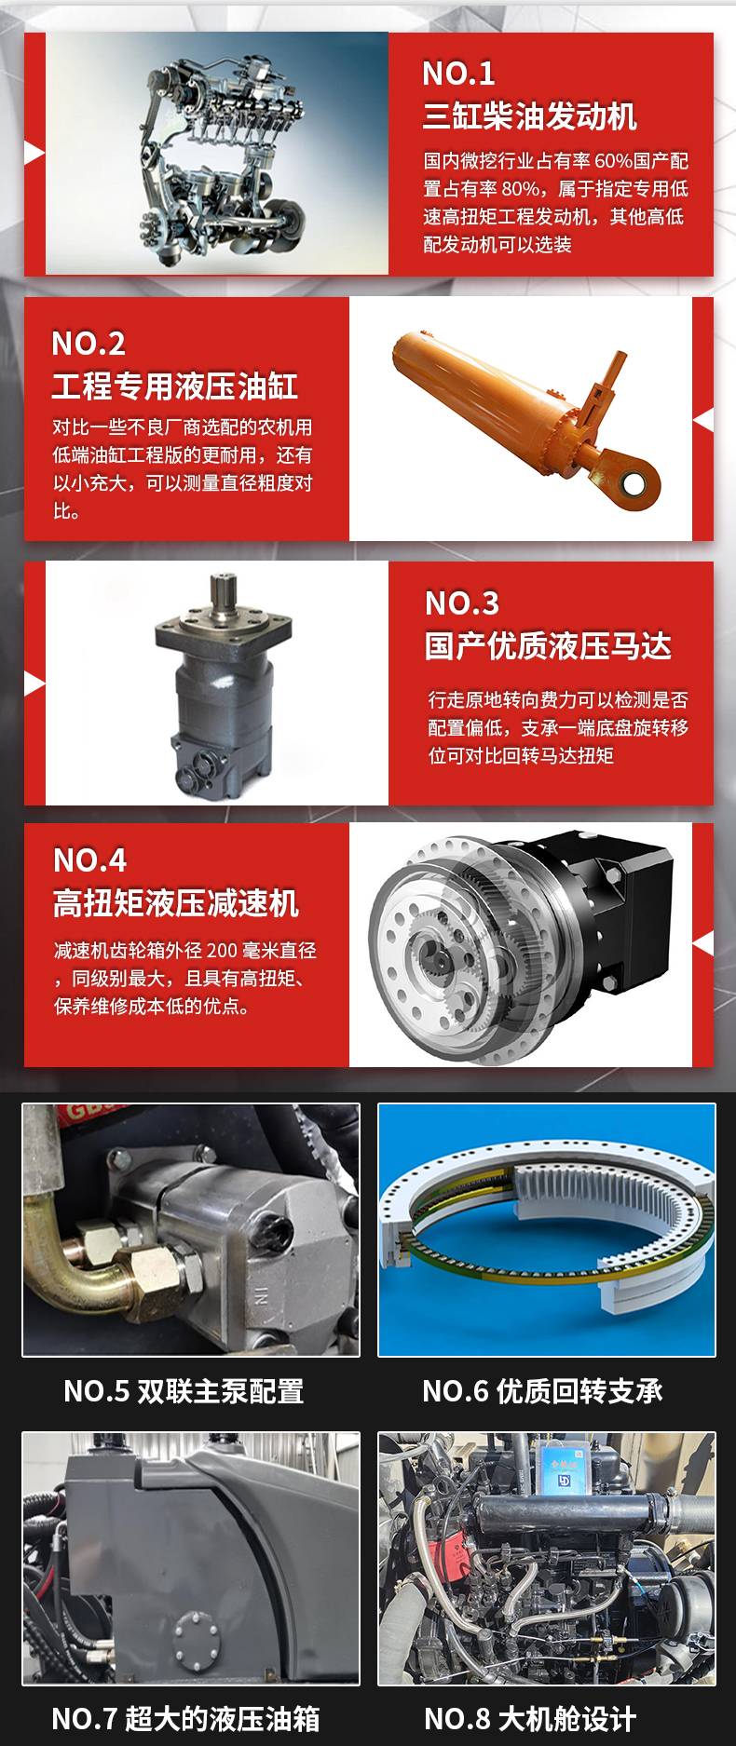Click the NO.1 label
point(458,74)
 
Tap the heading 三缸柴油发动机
point(529,116)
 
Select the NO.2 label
point(89,344)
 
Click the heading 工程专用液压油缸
point(175,386)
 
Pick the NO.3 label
point(462,603)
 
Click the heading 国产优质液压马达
point(548,646)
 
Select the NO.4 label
point(89,860)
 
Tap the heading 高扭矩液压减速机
point(176,903)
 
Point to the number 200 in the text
point(222,951)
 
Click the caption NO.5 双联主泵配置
point(184,1391)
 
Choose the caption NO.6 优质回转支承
point(542,1391)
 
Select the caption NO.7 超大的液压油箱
point(185,1718)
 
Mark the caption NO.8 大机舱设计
point(530,1718)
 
